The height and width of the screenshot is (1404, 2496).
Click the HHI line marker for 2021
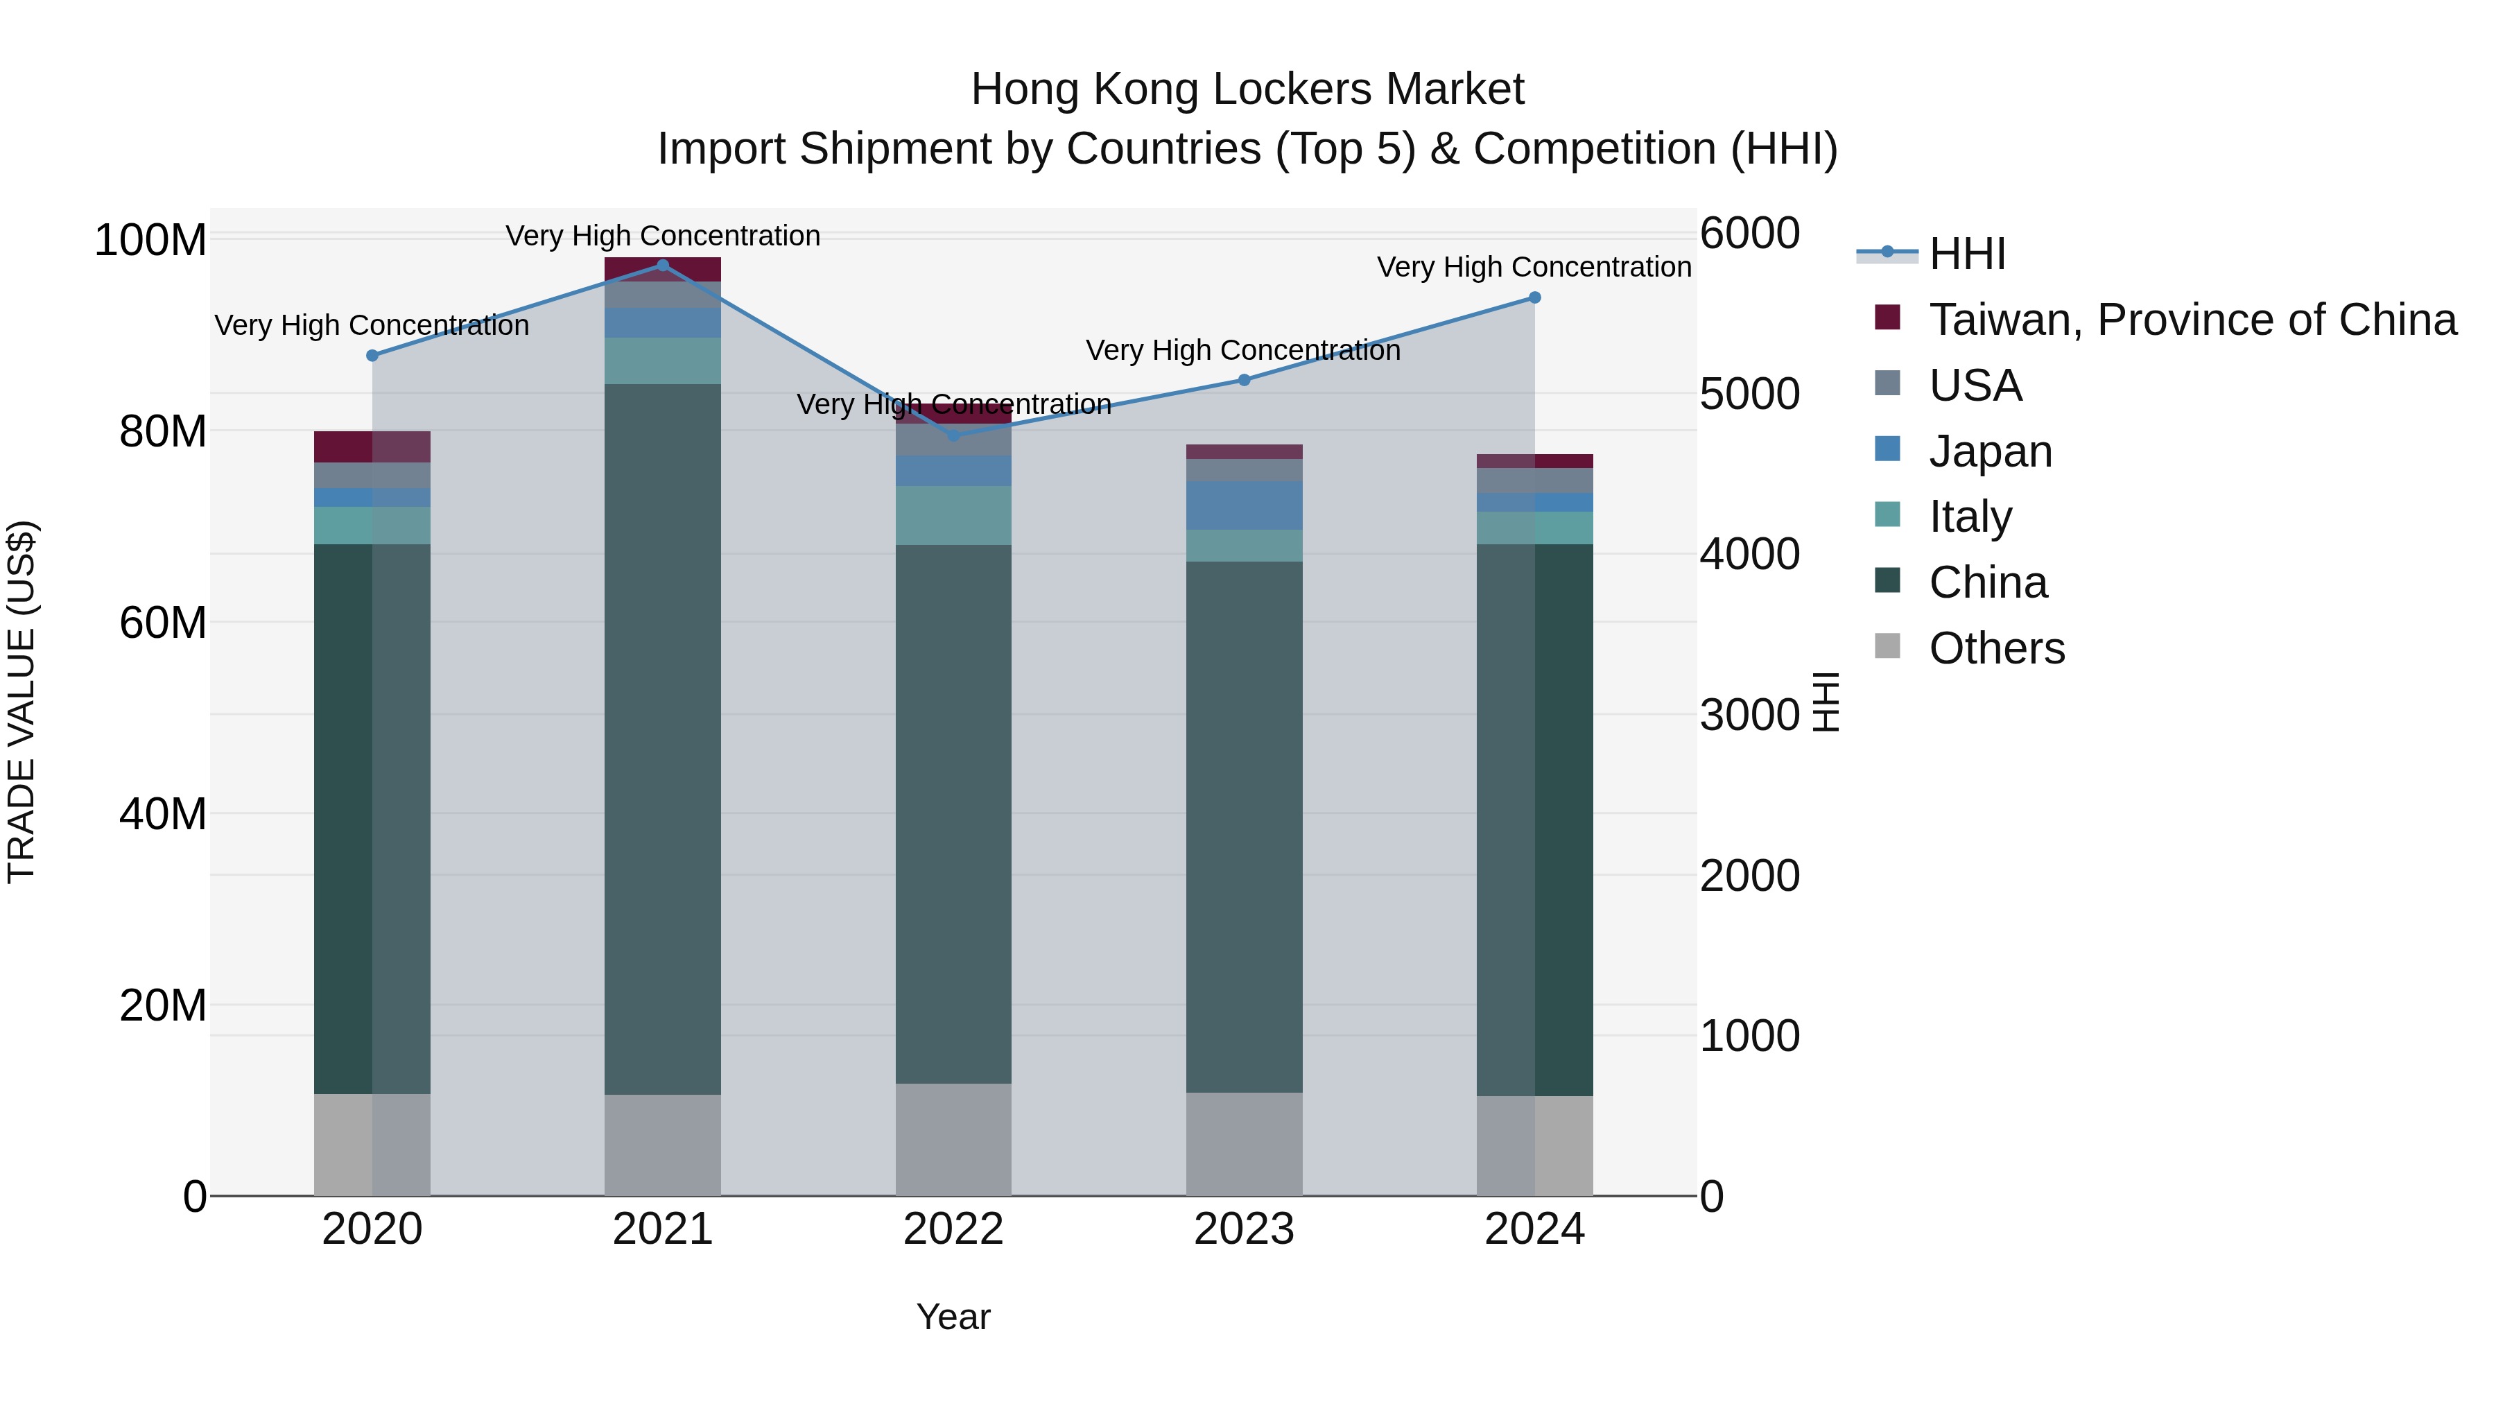[663, 265]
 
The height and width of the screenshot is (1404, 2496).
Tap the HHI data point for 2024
[1535, 297]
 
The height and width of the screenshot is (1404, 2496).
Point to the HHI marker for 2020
[372, 356]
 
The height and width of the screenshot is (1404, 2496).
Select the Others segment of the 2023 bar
[1244, 1143]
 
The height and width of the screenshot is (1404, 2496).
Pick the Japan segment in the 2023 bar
[1244, 505]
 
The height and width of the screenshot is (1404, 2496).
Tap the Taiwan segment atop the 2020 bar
[372, 447]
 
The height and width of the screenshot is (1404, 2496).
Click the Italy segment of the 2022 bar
[953, 514]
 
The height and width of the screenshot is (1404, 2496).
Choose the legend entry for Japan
[1989, 451]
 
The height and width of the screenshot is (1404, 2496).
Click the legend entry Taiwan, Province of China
[2192, 320]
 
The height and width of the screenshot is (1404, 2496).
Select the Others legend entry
[1996, 648]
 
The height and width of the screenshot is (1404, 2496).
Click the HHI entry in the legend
[1966, 254]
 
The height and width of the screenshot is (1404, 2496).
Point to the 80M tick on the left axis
[163, 431]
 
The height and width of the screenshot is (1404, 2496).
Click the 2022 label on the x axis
[953, 1229]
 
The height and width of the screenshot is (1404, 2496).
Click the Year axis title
[953, 1317]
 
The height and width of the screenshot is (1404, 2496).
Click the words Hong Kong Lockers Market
[1247, 89]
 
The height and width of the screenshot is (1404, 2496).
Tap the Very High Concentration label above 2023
[1243, 350]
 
